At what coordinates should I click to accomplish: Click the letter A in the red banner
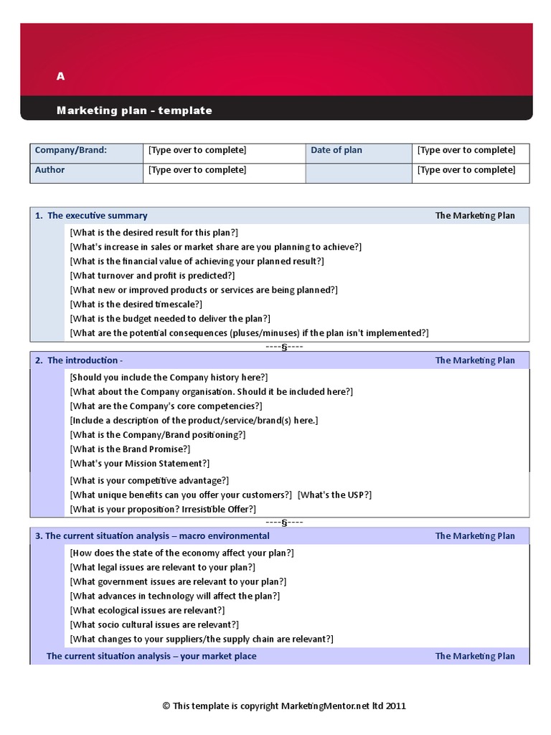[61, 77]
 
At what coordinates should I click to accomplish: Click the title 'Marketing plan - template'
[134, 111]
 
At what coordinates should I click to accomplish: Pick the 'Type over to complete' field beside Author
[197, 170]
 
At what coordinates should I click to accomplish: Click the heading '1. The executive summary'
[91, 215]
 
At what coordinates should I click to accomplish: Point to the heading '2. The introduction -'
[79, 360]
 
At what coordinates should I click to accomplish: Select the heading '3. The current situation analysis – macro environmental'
[152, 536]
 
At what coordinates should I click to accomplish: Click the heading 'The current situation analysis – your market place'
[151, 656]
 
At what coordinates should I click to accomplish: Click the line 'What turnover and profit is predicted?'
[152, 276]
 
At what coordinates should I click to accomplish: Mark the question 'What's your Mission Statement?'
[140, 464]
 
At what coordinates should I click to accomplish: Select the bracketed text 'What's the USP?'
[334, 495]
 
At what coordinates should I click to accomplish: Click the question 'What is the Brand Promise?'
[130, 449]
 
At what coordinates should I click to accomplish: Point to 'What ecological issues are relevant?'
[147, 611]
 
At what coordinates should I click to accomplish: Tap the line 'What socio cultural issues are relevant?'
[154, 625]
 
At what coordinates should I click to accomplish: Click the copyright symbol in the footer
[166, 706]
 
